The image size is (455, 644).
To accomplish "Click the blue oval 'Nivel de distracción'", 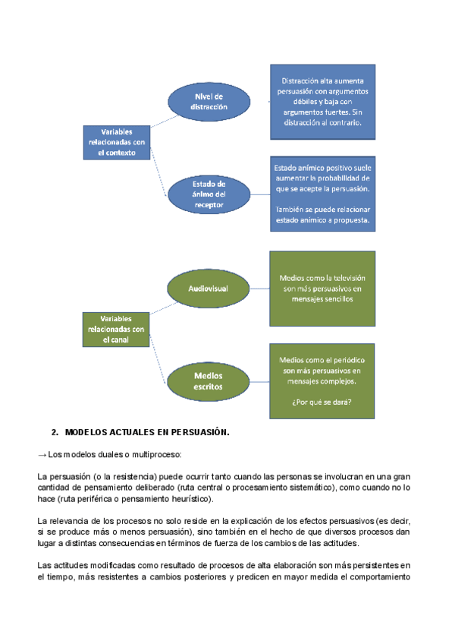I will point(209,102).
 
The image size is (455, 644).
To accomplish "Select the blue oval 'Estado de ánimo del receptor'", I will point(208,194).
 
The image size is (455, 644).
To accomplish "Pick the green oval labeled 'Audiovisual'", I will point(208,289).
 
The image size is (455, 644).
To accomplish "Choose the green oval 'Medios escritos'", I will point(208,380).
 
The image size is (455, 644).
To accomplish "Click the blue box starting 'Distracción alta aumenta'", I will point(322,102).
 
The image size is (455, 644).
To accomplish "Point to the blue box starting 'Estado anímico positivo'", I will point(322,194).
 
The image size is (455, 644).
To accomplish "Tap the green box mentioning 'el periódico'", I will point(322,380).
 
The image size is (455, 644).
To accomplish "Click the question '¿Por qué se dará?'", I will point(322,402).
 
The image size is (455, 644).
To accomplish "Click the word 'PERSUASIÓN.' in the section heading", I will point(197,432).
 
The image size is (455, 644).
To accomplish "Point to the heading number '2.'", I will point(55,432).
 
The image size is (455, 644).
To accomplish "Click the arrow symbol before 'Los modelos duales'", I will point(42,455).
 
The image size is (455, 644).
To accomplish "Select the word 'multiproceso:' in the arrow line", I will point(157,455).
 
